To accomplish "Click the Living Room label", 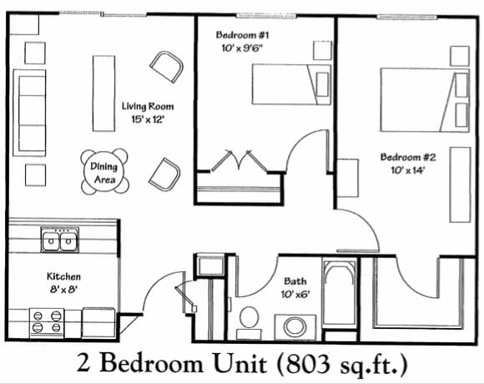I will [x=149, y=106].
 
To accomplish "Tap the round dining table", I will [x=105, y=171].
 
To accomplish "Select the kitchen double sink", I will [x=59, y=242].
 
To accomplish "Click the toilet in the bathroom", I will [x=249, y=320].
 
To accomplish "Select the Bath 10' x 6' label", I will [x=295, y=287].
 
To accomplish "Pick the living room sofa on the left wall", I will [x=28, y=109].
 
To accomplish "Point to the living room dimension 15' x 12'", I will [x=149, y=119].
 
